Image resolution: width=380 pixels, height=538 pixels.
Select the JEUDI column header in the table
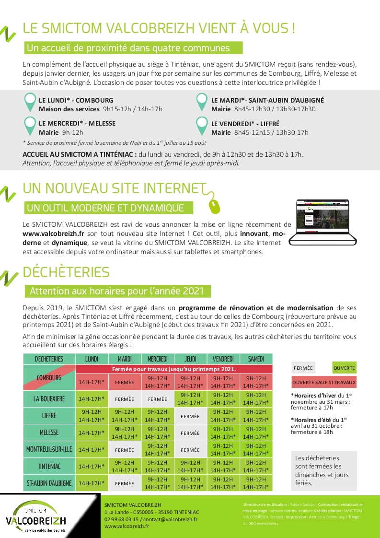pos(191,359)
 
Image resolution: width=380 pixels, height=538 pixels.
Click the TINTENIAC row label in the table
pos(49,466)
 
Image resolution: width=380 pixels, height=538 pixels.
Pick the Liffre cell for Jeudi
pos(190,416)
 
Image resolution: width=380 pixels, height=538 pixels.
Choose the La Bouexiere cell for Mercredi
pos(158,399)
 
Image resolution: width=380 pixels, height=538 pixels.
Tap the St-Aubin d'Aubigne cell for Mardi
pos(125,483)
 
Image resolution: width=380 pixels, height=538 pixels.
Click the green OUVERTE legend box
pos(345,368)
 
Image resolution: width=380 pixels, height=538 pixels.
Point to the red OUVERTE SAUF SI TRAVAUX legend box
pos(324,382)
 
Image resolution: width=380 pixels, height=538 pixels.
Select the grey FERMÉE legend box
pos(303,368)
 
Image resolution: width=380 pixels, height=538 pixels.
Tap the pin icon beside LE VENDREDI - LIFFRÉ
pos(202,126)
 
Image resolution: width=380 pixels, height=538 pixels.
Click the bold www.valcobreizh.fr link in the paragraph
pos(54,234)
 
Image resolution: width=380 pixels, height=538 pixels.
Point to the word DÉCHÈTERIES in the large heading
pos(66,272)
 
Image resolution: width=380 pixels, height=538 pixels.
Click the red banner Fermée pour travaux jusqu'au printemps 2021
pos(174,369)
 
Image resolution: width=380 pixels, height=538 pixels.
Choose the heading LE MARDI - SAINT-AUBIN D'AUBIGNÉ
pos(267,101)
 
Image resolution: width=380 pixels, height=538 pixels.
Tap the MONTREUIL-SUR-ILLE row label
pos(49,450)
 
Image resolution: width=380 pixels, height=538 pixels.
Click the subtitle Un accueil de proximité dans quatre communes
pos(128,48)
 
